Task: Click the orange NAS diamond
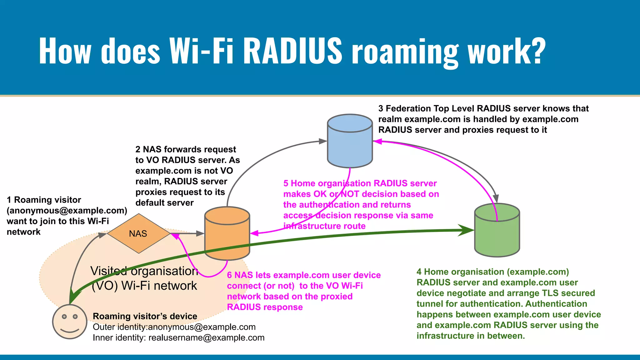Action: click(138, 233)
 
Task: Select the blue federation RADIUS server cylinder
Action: click(350, 141)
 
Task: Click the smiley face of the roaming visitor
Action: click(69, 322)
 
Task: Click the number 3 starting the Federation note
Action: click(381, 109)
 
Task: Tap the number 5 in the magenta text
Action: click(286, 183)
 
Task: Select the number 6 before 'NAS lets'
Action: click(229, 275)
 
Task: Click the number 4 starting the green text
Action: click(419, 272)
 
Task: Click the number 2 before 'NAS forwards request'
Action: click(138, 149)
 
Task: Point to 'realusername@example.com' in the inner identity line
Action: click(206, 338)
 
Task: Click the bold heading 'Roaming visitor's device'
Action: click(145, 316)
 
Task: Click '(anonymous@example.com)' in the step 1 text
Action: click(67, 211)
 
